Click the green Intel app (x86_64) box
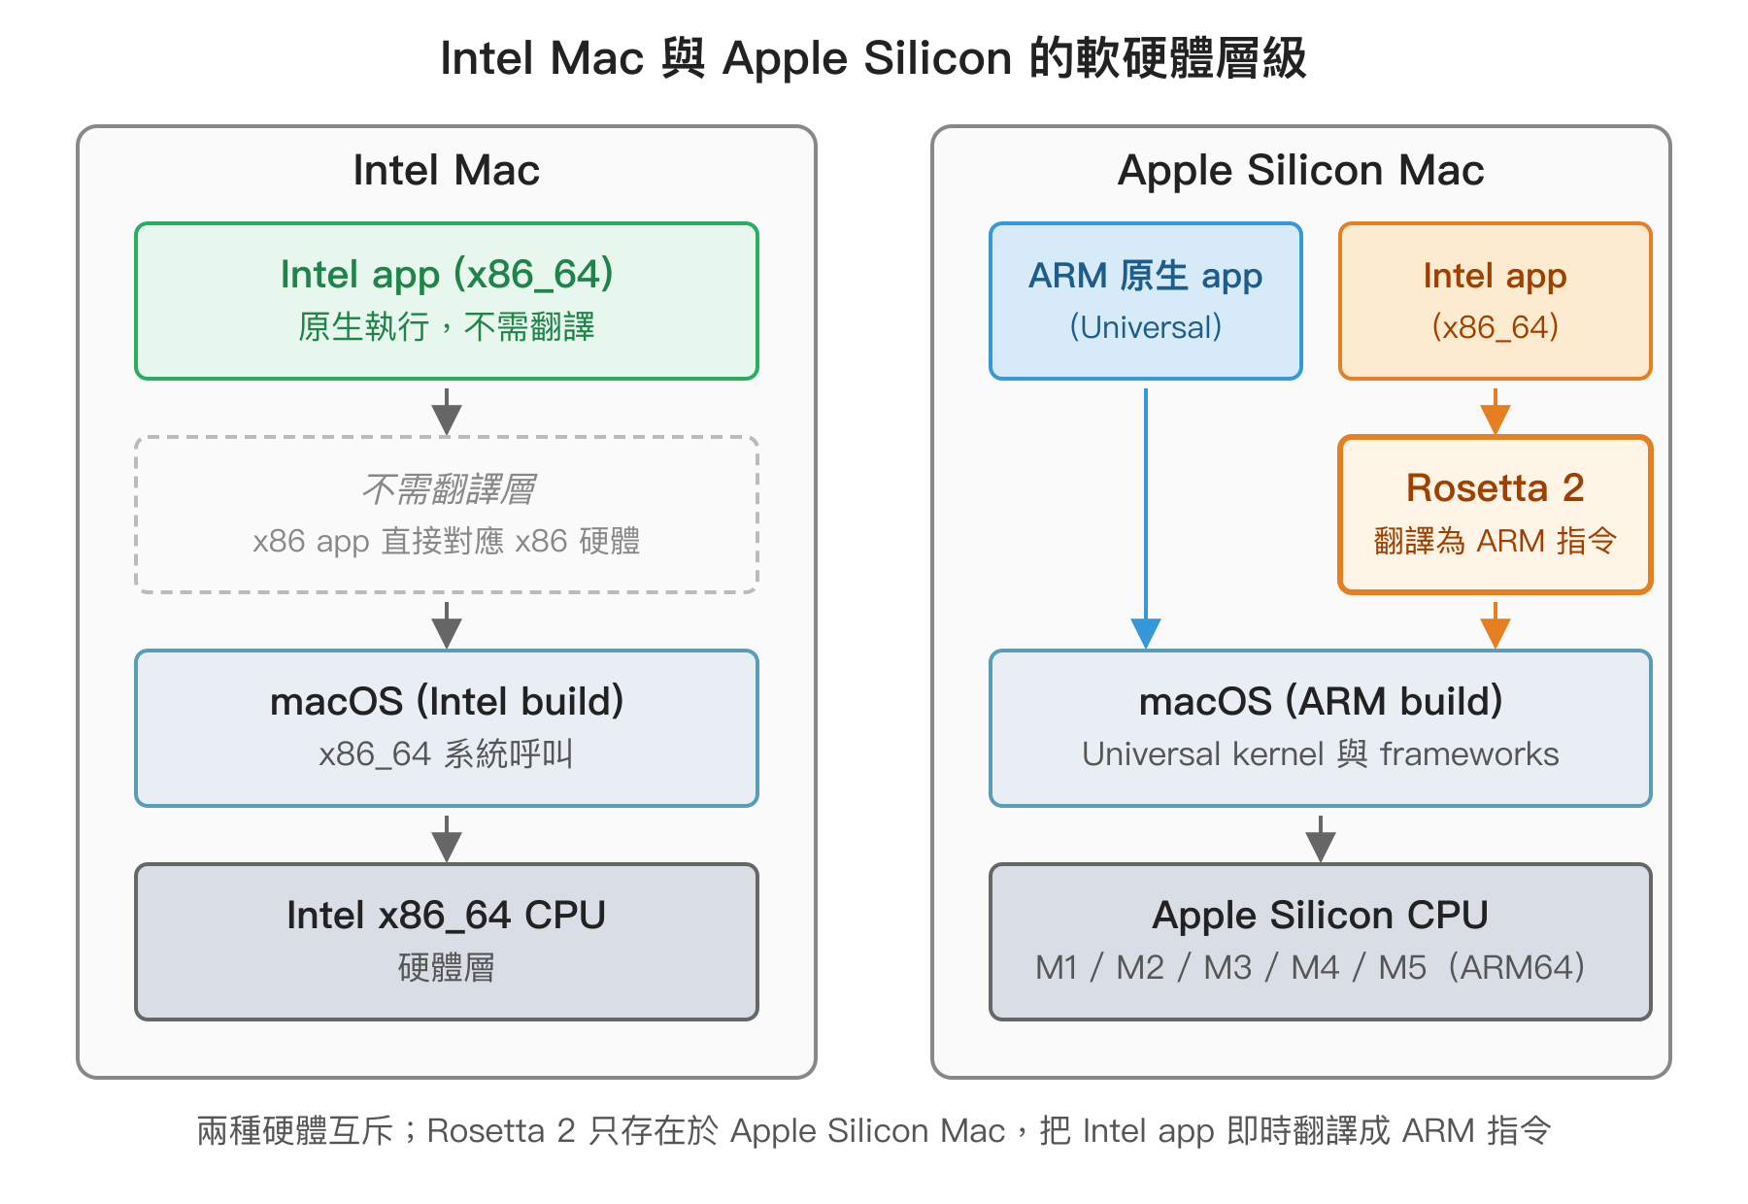(447, 301)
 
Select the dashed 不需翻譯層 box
(447, 515)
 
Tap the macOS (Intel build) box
(447, 728)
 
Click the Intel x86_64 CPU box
(447, 942)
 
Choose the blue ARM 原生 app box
(1146, 301)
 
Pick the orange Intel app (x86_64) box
(1496, 301)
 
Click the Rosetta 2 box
(1496, 515)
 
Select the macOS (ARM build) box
(1321, 728)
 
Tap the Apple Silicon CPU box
(1321, 942)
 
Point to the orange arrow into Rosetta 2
(1496, 412)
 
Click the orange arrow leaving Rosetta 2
(1496, 625)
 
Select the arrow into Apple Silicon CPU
(1321, 839)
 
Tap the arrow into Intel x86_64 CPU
(447, 839)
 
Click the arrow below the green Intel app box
(447, 412)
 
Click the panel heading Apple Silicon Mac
(1301, 171)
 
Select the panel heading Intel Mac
(446, 171)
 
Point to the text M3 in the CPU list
(1227, 968)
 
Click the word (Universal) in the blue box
(1146, 327)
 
